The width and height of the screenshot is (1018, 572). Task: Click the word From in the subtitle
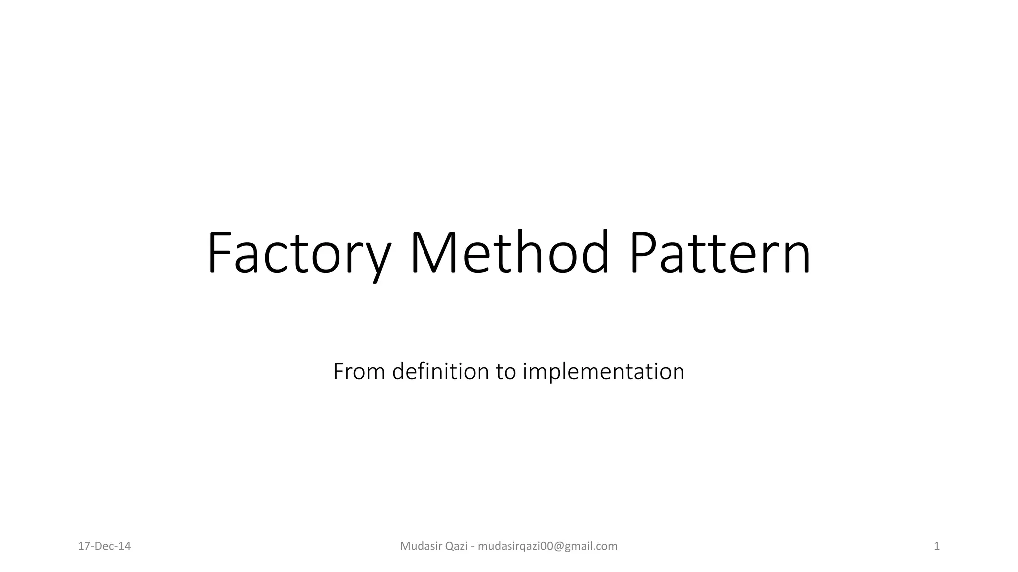pyautogui.click(x=359, y=371)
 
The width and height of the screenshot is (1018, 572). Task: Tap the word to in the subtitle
pyautogui.click(x=506, y=371)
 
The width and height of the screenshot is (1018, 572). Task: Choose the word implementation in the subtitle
pyautogui.click(x=603, y=371)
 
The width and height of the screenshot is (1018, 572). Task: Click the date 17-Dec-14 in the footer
pyautogui.click(x=104, y=546)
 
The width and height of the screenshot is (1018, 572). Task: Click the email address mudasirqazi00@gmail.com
pyautogui.click(x=547, y=546)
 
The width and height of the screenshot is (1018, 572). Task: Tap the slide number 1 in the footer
pyautogui.click(x=937, y=546)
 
